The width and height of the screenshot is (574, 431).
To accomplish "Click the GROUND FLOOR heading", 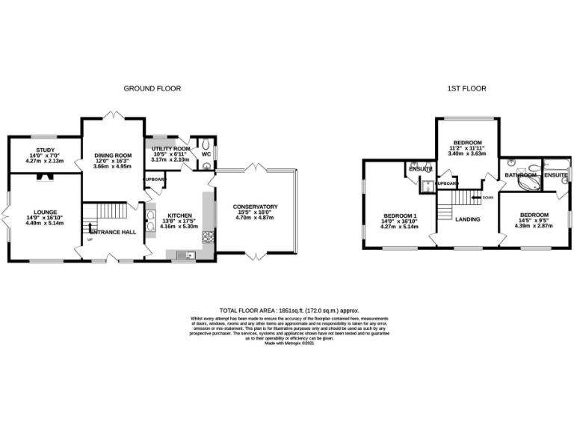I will click(152, 88).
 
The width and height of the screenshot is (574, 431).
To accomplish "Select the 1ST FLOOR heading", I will click(466, 88).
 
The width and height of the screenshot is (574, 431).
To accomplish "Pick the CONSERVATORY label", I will click(256, 207).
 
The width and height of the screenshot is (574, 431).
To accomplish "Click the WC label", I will click(206, 155).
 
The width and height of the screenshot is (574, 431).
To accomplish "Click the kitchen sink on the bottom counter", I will click(183, 256).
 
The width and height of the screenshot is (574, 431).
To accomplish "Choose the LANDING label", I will click(467, 219).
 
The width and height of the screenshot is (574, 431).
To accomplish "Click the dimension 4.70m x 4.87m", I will click(256, 218).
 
